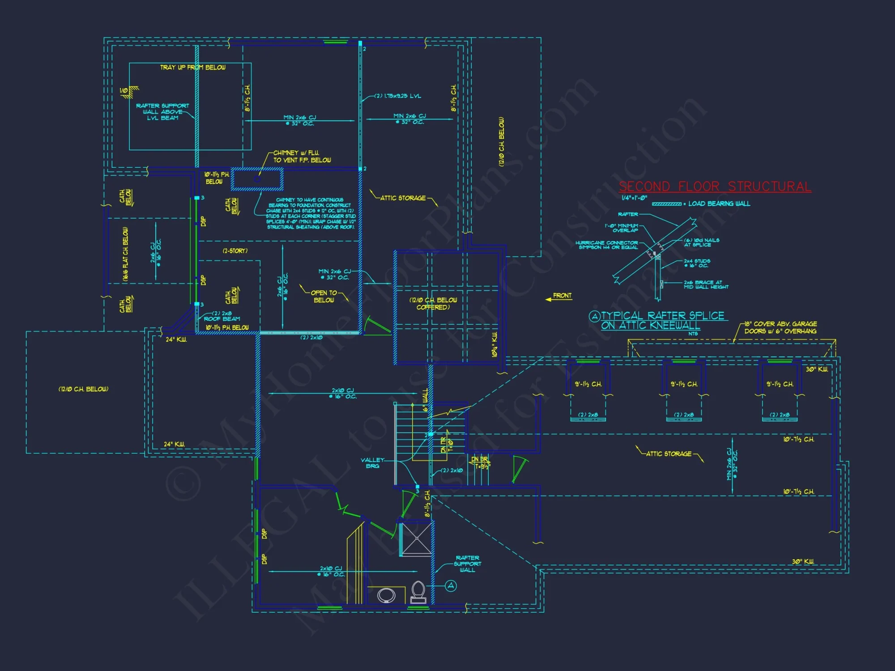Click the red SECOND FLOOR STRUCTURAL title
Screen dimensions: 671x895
point(715,187)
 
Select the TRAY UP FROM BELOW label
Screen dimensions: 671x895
point(193,68)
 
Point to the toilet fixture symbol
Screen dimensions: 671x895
point(418,591)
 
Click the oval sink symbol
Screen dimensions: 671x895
point(386,595)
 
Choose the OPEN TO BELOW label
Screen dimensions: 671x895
point(324,297)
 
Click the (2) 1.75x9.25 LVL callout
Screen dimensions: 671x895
point(398,96)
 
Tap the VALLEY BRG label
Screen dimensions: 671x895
point(372,463)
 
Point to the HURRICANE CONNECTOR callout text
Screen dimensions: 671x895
point(607,245)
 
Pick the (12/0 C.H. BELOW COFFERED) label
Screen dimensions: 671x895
point(433,304)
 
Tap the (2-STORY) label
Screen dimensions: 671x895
point(235,251)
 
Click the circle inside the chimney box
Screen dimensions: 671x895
point(257,179)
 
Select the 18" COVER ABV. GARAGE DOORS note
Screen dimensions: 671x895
point(780,327)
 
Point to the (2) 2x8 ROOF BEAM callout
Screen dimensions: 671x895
point(222,316)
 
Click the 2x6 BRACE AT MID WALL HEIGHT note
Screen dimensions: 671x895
point(706,285)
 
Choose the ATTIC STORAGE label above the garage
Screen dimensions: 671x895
point(669,454)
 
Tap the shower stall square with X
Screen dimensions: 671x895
point(416,539)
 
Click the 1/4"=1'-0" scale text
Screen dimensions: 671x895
point(634,198)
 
